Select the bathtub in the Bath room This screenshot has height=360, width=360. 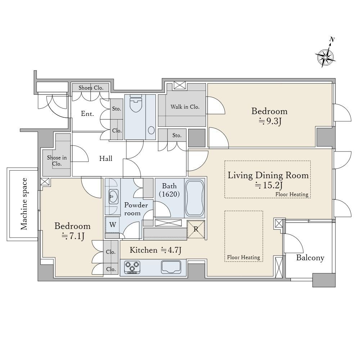point(195,198)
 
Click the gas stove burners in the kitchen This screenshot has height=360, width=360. point(132,267)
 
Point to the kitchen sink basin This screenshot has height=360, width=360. point(171,267)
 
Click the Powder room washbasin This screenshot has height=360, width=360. point(113,197)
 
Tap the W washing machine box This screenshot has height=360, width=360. point(112,225)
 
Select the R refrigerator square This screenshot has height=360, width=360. point(196,229)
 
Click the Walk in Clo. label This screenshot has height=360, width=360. point(185,107)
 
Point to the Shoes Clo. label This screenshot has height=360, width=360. point(91,88)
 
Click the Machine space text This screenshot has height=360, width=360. point(24,204)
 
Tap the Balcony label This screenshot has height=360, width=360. point(310,258)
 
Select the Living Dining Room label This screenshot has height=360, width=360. point(268,175)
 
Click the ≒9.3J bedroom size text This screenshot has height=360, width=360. point(270,121)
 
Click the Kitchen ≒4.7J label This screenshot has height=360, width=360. point(156,250)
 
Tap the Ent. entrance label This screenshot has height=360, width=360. point(87,114)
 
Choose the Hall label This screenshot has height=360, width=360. point(105,158)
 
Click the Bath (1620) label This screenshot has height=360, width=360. point(170,190)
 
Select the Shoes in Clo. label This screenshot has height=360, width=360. point(57,161)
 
